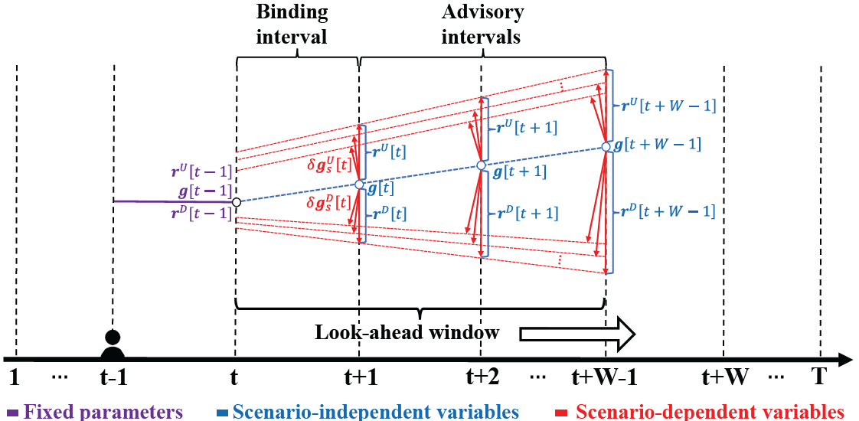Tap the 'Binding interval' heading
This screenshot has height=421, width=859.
(x=292, y=24)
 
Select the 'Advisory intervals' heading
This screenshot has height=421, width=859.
(x=482, y=24)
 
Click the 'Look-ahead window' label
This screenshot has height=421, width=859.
(x=407, y=332)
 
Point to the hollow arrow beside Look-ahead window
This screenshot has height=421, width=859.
(x=577, y=334)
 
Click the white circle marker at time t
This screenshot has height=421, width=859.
(x=237, y=202)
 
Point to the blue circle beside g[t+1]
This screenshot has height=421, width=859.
(x=481, y=166)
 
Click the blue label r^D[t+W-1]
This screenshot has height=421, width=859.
(x=665, y=210)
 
